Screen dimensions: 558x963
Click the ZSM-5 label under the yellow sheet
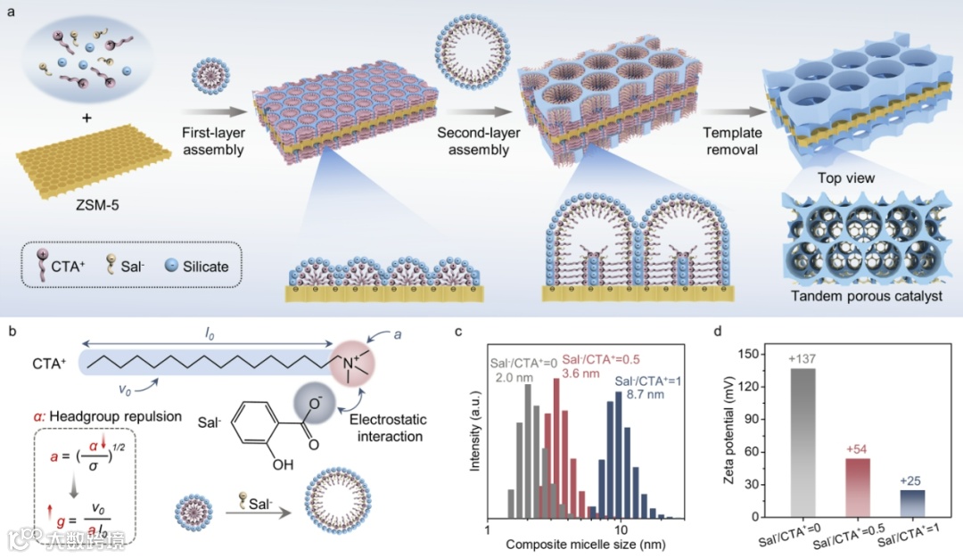[95, 205]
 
